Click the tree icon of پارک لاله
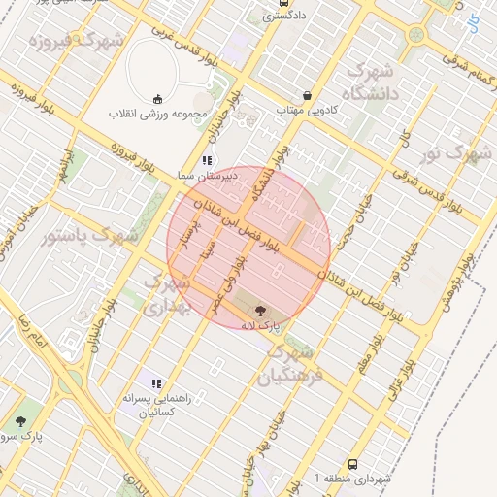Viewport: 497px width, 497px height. [x=260, y=311]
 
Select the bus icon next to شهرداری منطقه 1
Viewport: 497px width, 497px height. [x=351, y=465]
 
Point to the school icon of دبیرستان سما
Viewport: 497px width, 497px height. [x=206, y=160]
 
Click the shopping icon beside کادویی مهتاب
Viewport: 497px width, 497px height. [x=308, y=96]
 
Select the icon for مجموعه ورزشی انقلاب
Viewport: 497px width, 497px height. [x=157, y=98]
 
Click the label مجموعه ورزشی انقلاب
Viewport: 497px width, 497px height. [x=156, y=115]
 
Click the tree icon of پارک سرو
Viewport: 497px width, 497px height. [x=20, y=421]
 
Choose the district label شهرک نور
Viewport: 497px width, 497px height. [x=459, y=153]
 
